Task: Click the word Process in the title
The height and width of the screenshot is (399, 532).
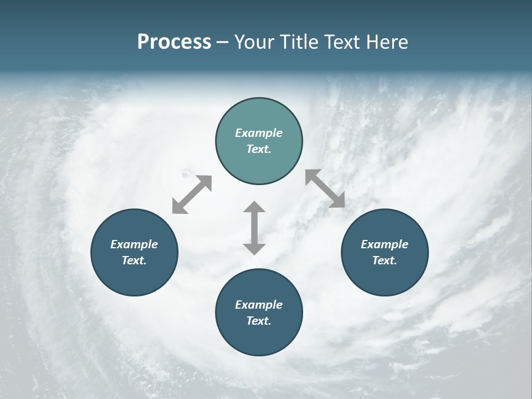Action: click(174, 42)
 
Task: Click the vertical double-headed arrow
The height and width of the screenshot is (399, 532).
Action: click(254, 228)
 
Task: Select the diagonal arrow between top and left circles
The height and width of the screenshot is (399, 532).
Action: click(192, 195)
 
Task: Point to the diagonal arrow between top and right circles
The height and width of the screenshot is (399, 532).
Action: click(325, 188)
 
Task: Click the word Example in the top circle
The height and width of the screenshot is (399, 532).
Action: click(259, 133)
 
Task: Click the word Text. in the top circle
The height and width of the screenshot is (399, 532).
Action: click(259, 149)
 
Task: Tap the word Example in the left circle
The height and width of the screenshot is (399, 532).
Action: click(134, 244)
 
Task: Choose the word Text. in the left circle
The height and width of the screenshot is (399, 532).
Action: click(134, 260)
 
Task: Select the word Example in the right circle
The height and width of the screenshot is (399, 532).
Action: click(385, 244)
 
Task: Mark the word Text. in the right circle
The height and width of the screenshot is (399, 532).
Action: click(385, 260)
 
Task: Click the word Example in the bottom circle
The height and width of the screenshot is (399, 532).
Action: click(259, 305)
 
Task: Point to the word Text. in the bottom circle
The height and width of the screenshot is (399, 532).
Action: click(259, 321)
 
